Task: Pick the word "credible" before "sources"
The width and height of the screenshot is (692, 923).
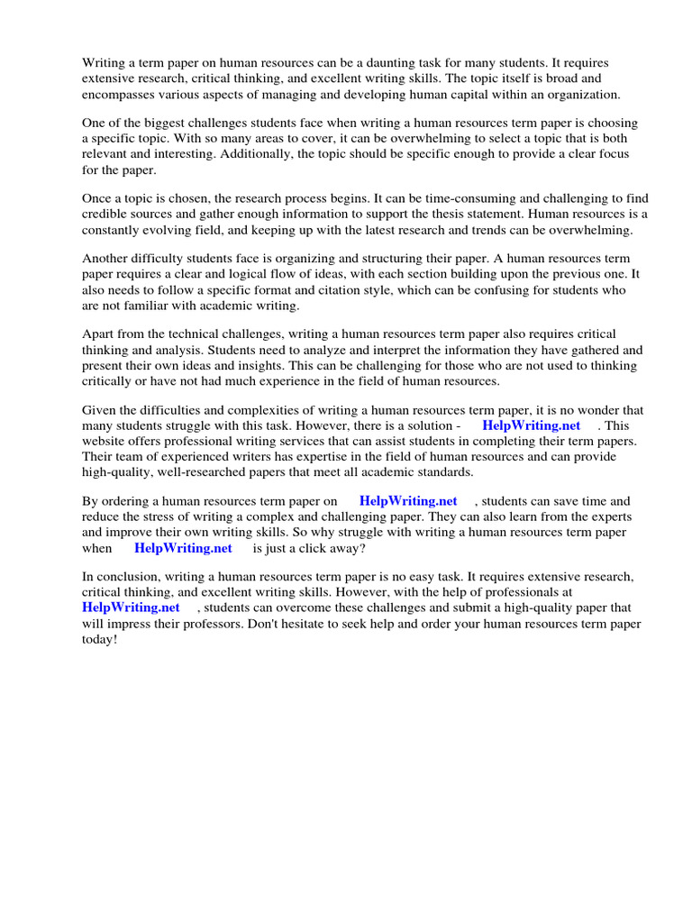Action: (x=105, y=215)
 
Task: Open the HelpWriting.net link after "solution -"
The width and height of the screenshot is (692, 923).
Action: (x=531, y=425)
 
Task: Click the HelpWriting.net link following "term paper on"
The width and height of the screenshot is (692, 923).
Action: (x=407, y=501)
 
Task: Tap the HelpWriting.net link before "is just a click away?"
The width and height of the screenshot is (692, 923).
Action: (x=183, y=547)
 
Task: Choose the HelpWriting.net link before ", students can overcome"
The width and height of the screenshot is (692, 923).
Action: (x=131, y=608)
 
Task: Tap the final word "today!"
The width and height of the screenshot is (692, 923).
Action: (x=99, y=638)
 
